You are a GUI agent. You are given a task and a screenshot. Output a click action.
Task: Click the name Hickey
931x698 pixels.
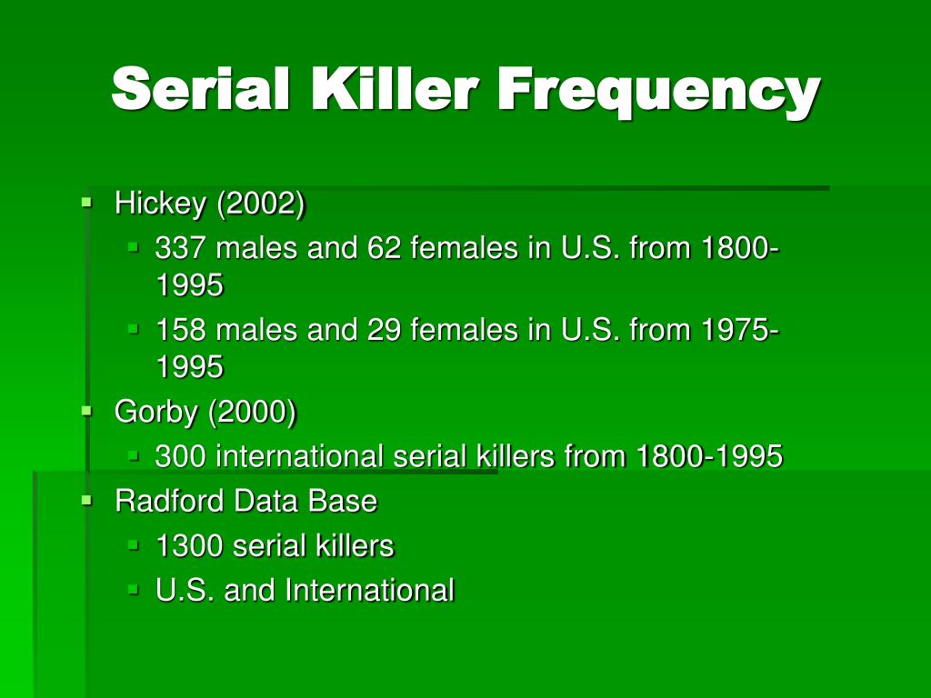(x=160, y=204)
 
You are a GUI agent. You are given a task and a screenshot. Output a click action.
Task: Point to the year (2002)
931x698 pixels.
(x=260, y=204)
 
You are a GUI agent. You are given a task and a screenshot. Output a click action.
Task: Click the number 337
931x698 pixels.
(x=180, y=248)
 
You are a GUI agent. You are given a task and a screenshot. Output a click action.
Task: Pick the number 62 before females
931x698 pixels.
(x=385, y=248)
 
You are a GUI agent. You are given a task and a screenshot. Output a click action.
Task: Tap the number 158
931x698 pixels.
(x=180, y=330)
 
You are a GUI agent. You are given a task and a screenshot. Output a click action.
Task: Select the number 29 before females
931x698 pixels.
(x=385, y=330)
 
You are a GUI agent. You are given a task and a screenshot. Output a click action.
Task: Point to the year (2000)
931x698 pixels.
(x=252, y=412)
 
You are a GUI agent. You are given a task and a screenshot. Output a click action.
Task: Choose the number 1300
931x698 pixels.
(x=188, y=546)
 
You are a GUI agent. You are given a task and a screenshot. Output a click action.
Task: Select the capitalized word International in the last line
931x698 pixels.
(x=369, y=591)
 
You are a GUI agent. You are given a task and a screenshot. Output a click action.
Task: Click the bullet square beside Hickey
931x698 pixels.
(x=86, y=203)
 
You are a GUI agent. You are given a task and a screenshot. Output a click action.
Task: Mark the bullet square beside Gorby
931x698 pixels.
(x=86, y=411)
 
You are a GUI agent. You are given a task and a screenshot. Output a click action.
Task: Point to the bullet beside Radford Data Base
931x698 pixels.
(x=86, y=500)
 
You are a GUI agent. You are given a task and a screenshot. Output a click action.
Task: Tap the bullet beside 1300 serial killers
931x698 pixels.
(x=133, y=545)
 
